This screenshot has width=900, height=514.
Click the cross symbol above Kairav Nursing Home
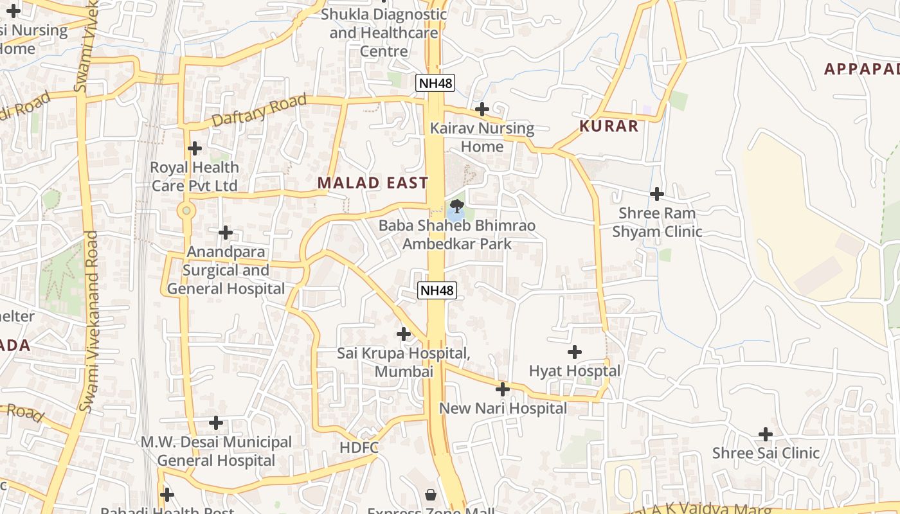[x=482, y=109]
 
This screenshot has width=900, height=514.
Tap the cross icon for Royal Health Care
[x=194, y=148]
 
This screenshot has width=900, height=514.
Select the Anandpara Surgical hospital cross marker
[x=225, y=232]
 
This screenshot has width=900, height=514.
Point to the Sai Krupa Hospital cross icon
[x=404, y=334]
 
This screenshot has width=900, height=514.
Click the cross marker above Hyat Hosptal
[x=575, y=352]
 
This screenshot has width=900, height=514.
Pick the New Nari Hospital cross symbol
[x=503, y=389]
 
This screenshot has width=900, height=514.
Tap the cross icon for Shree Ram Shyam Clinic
[x=656, y=193]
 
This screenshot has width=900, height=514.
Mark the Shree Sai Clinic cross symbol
[x=765, y=434]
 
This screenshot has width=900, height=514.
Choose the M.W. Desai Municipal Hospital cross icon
[x=216, y=423]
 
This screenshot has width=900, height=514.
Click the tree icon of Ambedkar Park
[x=456, y=207]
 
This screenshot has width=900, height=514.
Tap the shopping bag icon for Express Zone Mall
[x=430, y=495]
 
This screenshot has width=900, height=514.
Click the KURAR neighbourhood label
[x=609, y=126]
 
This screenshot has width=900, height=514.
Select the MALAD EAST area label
[x=373, y=183]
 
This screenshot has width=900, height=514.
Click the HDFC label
[x=359, y=447]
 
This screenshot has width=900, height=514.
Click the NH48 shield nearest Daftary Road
[x=435, y=83]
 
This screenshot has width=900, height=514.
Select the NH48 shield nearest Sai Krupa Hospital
[x=437, y=290]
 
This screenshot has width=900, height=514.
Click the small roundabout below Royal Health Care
[x=186, y=210]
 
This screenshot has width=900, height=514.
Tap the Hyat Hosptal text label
[x=575, y=371]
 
